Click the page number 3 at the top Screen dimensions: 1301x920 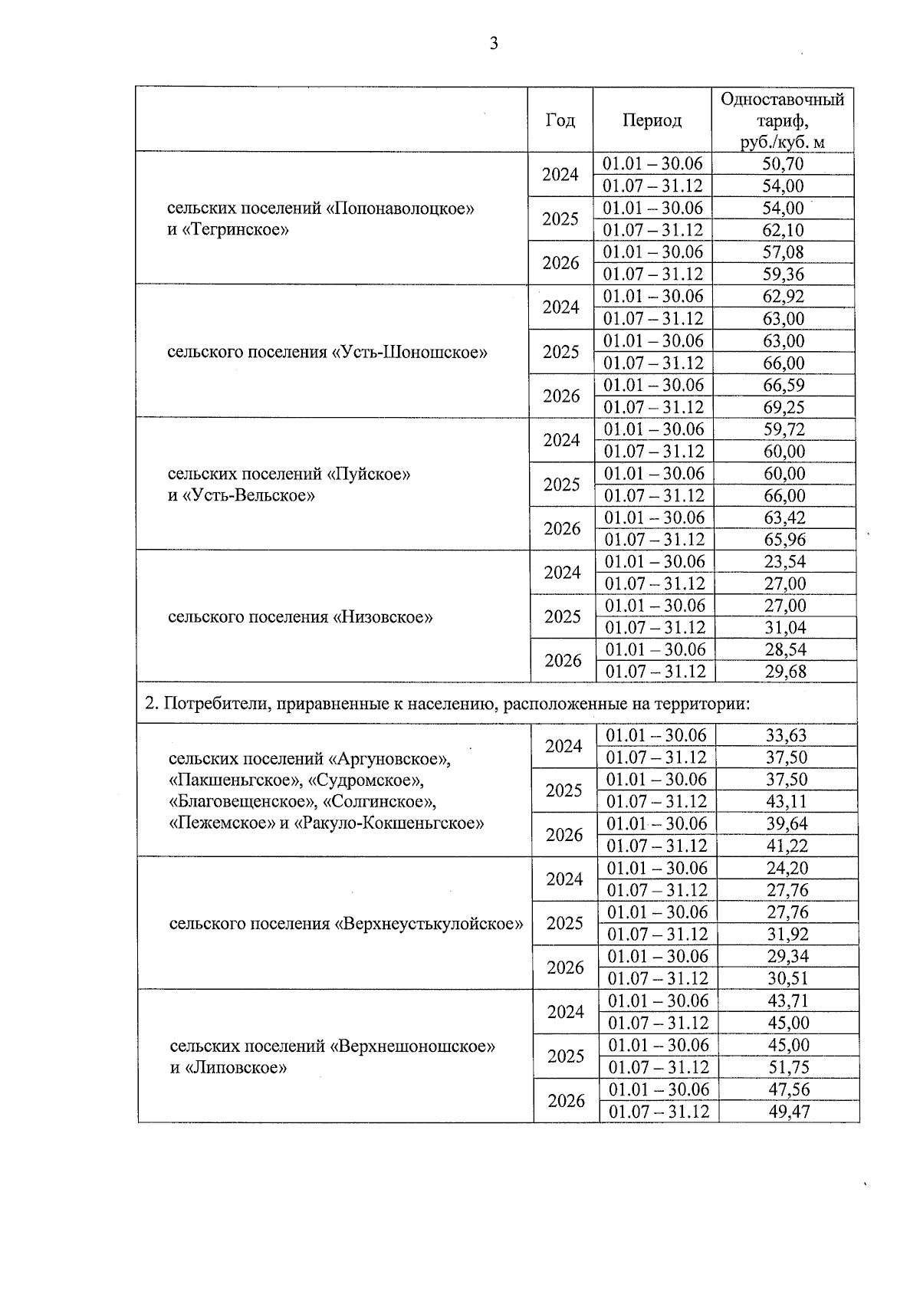[494, 44]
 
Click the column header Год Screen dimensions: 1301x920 [560, 120]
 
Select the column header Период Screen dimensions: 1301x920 [652, 120]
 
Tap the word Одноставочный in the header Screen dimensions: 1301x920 [783, 100]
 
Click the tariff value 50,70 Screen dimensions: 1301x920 [783, 164]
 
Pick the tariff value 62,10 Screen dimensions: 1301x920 [783, 230]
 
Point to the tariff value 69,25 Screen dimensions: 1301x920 [784, 407]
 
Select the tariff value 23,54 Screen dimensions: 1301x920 [784, 562]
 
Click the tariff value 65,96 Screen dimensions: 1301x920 [784, 540]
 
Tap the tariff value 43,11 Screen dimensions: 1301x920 [787, 802]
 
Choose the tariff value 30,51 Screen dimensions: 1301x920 [787, 979]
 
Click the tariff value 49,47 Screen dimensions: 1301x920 [789, 1112]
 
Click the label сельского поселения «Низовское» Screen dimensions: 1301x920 [300, 617]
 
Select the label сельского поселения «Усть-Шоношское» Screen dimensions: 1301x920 [327, 353]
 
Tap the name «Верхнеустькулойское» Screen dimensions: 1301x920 [429, 924]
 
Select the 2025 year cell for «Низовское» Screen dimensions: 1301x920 [562, 617]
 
